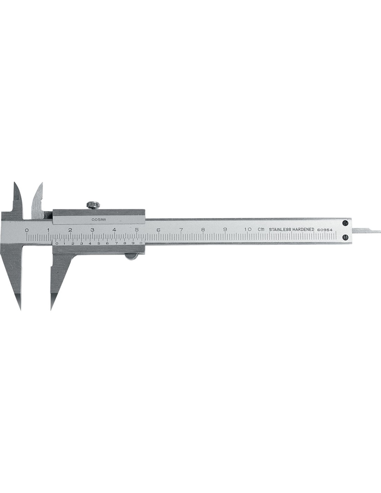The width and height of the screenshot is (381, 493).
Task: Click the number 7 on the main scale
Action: tap(181, 230)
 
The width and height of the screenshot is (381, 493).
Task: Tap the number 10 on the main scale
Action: tap(248, 229)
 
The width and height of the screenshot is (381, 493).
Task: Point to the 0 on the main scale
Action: tap(27, 230)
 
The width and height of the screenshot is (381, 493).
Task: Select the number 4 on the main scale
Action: tap(114, 230)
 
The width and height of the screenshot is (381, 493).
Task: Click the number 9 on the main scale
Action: tap(225, 230)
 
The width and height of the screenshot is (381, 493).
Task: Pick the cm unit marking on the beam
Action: tap(261, 229)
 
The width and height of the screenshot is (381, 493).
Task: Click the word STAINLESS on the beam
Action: tap(280, 230)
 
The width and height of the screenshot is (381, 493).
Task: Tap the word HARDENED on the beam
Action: tap(303, 230)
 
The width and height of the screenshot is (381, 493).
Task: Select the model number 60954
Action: tap(325, 230)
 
